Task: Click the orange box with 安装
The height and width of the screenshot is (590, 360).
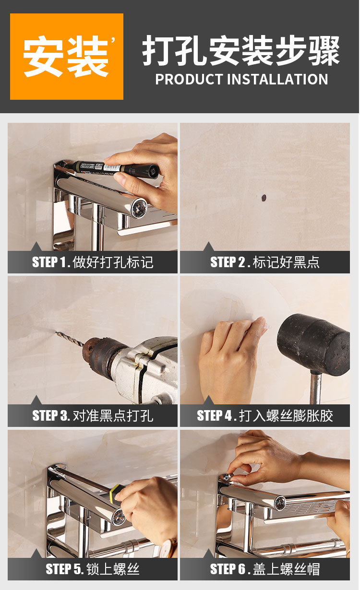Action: point(66,57)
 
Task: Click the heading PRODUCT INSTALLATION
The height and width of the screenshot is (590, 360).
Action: point(241,79)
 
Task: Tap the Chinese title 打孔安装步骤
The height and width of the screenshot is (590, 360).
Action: point(241,50)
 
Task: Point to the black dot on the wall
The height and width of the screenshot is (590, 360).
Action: point(264,198)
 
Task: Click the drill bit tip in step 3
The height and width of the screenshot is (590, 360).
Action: point(56,332)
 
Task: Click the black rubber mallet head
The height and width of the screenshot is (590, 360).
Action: point(314,344)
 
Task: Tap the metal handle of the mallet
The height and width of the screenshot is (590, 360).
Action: point(315,388)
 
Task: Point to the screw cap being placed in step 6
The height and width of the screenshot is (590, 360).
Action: point(228,477)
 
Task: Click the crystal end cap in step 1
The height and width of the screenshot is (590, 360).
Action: point(139,208)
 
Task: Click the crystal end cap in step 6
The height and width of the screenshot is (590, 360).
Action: point(280,503)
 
